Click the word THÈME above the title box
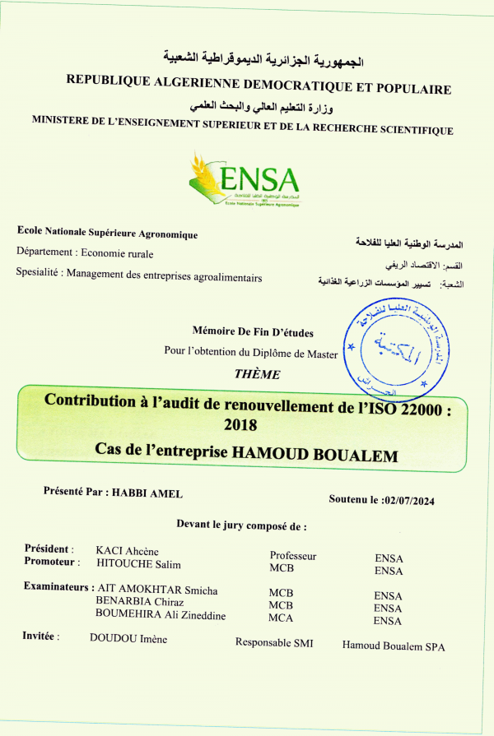[x=257, y=374]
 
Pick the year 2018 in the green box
[x=240, y=425]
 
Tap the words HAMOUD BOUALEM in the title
[x=315, y=455]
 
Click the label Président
[x=49, y=549]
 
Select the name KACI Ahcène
[x=127, y=550]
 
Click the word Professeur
[x=293, y=556]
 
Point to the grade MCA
[x=282, y=618]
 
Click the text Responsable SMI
[x=274, y=643]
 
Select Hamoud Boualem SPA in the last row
[x=394, y=646]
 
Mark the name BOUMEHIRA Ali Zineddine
[x=161, y=614]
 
